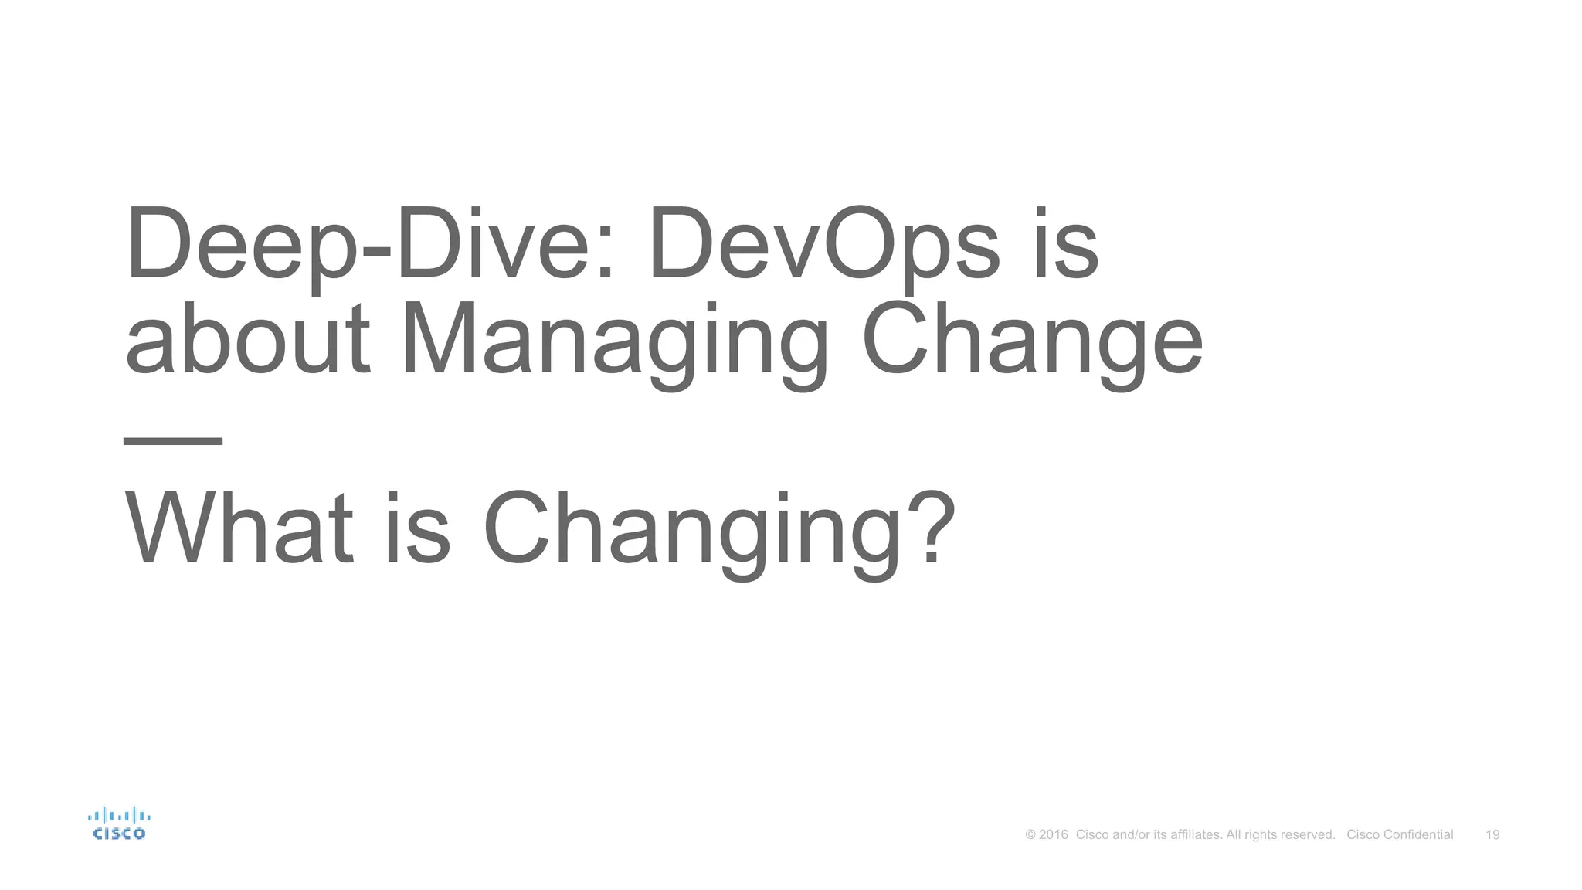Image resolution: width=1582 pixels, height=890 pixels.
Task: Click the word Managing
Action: tap(614, 341)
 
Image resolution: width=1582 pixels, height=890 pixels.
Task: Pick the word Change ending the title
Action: tap(1032, 341)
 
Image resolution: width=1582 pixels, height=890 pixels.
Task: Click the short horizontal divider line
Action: tap(173, 441)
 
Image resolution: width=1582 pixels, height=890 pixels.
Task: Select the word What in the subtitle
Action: tap(239, 530)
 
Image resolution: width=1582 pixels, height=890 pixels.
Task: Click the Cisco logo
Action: tap(119, 824)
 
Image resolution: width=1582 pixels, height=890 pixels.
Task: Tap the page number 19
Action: tap(1492, 834)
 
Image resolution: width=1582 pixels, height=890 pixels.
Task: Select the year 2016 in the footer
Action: tap(1054, 834)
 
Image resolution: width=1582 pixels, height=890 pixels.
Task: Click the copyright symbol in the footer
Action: tap(1030, 834)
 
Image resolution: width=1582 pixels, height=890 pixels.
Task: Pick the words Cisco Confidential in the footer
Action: tap(1400, 834)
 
